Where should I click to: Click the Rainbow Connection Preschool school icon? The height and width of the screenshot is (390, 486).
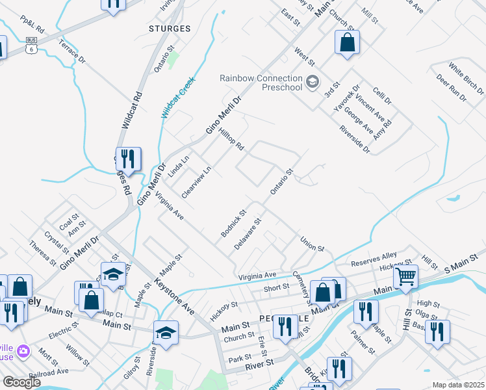click(x=313, y=82)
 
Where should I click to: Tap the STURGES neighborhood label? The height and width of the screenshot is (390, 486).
click(x=170, y=29)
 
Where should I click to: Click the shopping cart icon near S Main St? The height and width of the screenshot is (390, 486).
click(x=406, y=277)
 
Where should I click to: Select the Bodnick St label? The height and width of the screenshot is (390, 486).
click(x=234, y=222)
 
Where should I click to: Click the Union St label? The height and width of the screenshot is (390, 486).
click(x=312, y=244)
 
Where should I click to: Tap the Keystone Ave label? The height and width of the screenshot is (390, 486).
click(x=174, y=296)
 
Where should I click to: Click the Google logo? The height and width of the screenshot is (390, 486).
click(x=22, y=382)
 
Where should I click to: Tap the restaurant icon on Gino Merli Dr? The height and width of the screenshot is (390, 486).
click(x=129, y=159)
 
